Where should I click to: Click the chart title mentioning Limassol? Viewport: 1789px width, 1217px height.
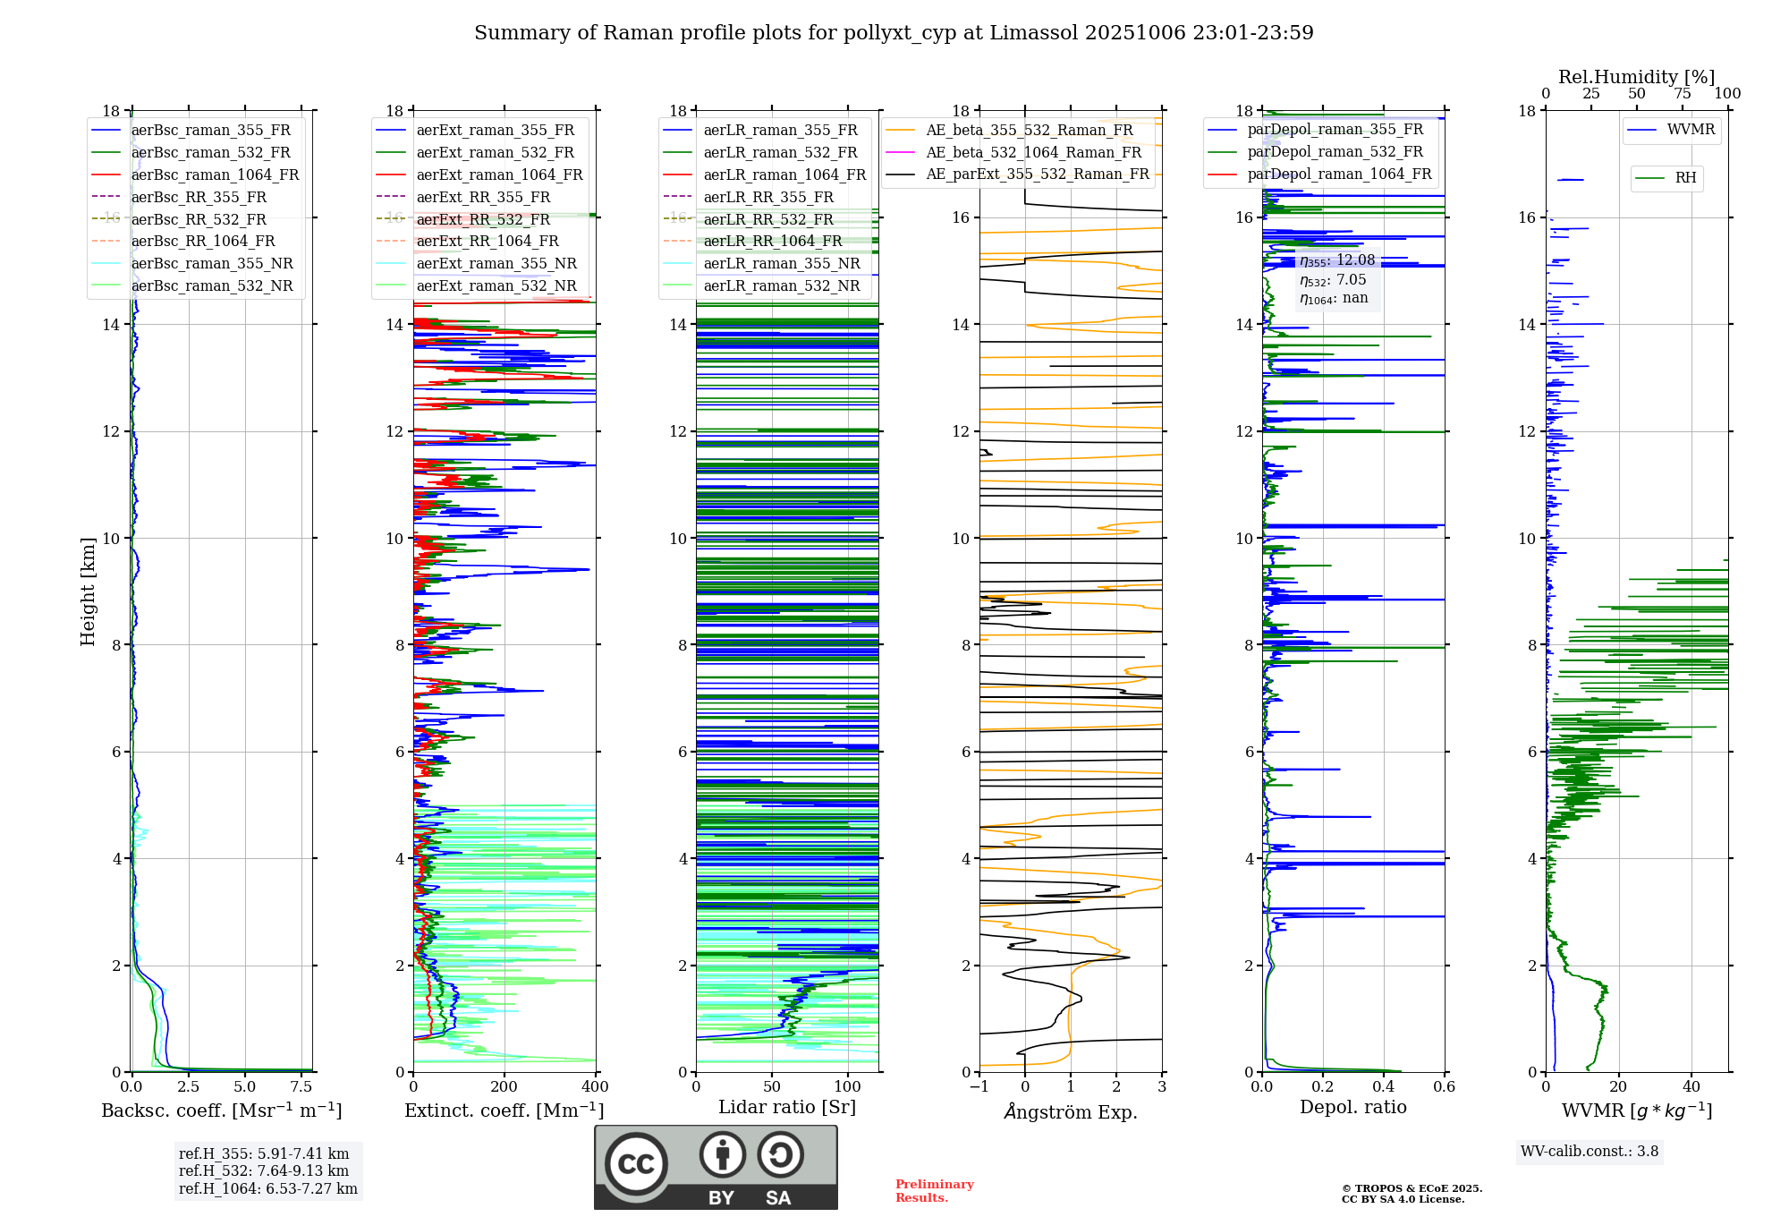[x=894, y=33]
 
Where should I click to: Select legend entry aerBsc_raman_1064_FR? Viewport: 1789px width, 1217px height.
[x=215, y=174]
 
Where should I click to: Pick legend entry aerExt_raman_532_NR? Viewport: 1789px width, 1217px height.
[x=496, y=285]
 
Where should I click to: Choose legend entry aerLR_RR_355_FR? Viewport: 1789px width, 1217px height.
[x=768, y=197]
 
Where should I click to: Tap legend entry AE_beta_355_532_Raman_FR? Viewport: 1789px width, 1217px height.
[x=1030, y=130]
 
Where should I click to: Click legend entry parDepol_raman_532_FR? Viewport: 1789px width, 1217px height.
[x=1335, y=152]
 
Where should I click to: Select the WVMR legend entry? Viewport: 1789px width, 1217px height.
[x=1691, y=130]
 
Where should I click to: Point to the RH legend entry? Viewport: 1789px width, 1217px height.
[x=1685, y=178]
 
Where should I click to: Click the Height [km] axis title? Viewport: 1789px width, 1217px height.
[x=88, y=591]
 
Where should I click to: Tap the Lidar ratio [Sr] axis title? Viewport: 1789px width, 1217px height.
[x=787, y=1107]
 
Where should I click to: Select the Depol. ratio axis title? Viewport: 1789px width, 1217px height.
[x=1352, y=1107]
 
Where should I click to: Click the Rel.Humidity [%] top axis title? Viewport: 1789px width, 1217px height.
[x=1636, y=77]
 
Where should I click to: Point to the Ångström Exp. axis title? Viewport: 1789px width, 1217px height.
[x=1071, y=1111]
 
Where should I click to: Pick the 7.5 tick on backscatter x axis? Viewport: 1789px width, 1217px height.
[x=301, y=1086]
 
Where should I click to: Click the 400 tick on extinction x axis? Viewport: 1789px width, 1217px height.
[x=595, y=1086]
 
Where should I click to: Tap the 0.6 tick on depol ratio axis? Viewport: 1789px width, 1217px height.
[x=1444, y=1086]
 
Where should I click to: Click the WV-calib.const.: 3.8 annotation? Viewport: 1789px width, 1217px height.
[x=1590, y=1151]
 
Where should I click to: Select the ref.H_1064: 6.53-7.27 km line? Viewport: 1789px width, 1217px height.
[x=268, y=1188]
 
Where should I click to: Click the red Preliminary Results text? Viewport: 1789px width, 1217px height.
[x=934, y=1191]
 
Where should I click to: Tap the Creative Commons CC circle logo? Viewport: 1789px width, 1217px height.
[x=636, y=1163]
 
